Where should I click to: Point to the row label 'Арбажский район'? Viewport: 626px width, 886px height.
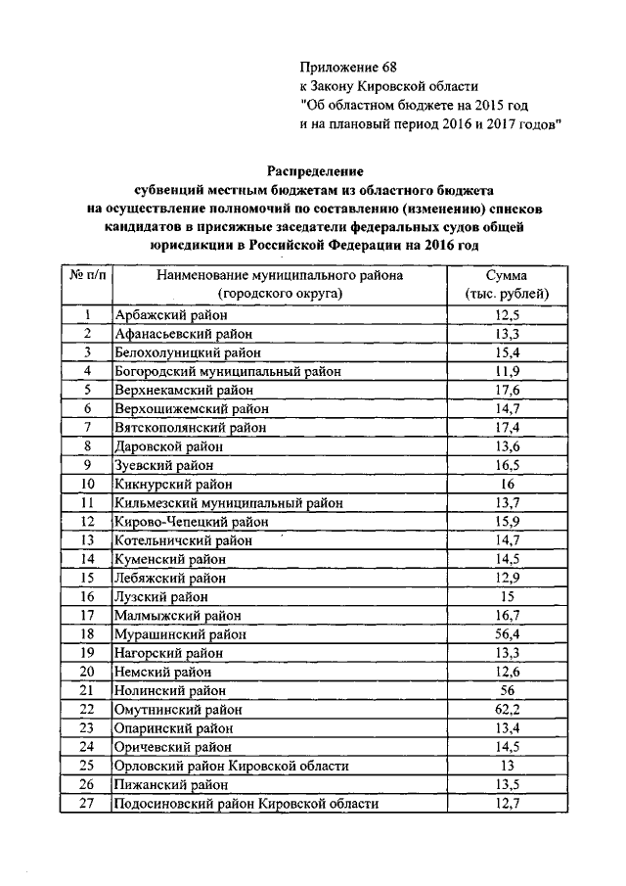[170, 314]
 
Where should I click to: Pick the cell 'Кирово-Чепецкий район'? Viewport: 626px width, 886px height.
[191, 521]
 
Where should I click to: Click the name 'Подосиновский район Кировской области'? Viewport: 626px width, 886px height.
[246, 803]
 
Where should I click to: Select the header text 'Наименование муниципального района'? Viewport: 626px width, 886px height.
[279, 276]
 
